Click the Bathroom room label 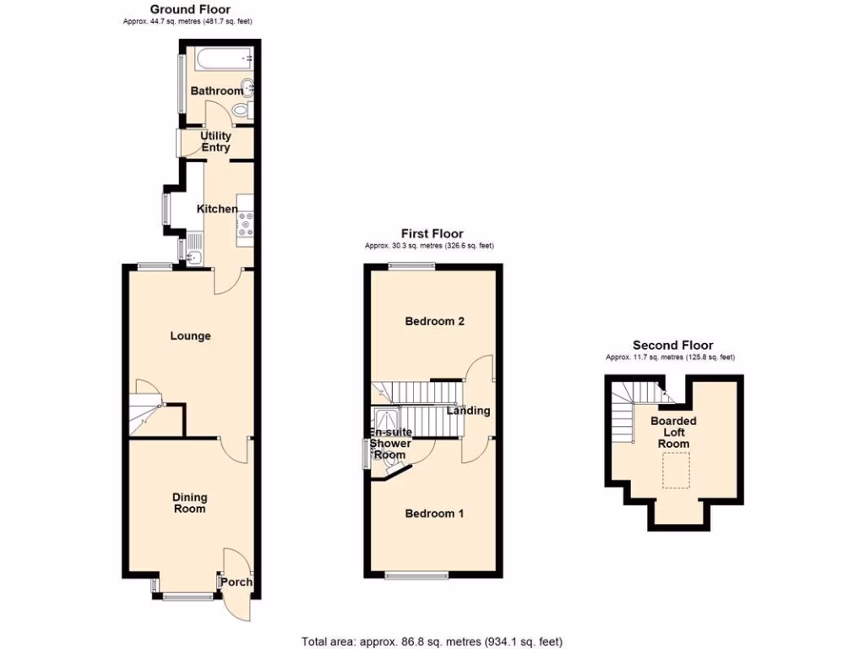[x=216, y=90]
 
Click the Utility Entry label [x=215, y=142]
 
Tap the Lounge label [x=190, y=336]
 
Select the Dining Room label [x=190, y=504]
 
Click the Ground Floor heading [x=190, y=9]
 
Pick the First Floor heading [x=432, y=234]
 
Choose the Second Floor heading [x=673, y=345]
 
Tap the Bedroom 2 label [x=435, y=321]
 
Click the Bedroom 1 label [x=434, y=514]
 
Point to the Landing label [x=469, y=411]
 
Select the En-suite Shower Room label [x=390, y=444]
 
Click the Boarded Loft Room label [x=673, y=432]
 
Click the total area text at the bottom [x=432, y=641]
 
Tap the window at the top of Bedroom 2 [x=412, y=266]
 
